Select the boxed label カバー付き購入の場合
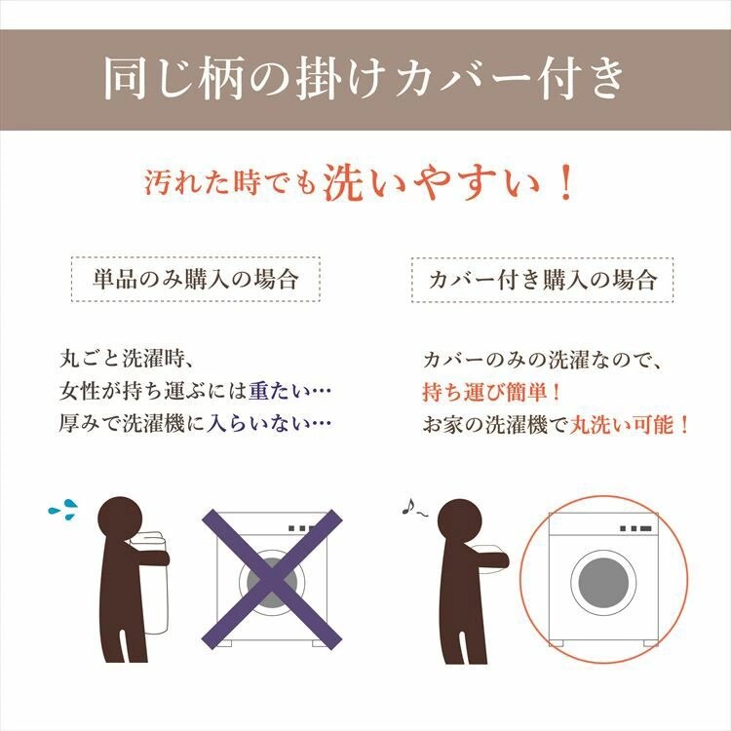tap(543, 280)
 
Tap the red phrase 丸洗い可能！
tap(631, 425)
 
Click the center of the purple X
tap(272, 577)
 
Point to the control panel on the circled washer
tap(635, 528)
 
